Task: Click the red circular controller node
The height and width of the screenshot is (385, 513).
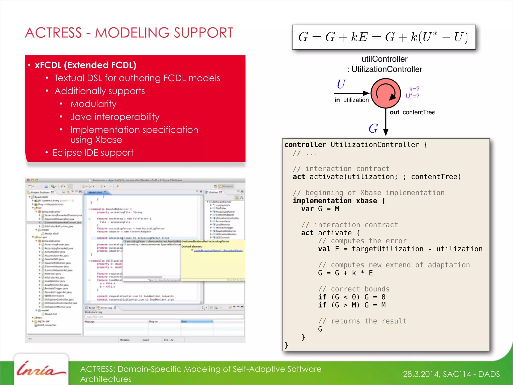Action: tap(386, 93)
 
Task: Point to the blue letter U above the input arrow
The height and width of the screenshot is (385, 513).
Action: tap(341, 84)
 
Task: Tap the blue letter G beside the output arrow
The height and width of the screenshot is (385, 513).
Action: tap(373, 129)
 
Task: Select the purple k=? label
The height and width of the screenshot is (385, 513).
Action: tap(414, 89)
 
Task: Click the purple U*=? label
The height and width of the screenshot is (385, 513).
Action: tap(412, 96)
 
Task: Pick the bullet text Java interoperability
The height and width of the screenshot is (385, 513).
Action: tap(115, 117)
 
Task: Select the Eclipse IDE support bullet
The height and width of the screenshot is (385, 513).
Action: tap(93, 153)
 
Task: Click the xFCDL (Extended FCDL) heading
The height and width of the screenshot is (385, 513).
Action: tap(85, 65)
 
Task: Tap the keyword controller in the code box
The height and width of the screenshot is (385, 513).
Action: tap(305, 145)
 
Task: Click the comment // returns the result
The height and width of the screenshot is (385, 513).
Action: tap(362, 321)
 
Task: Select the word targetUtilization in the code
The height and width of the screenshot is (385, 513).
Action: tap(387, 249)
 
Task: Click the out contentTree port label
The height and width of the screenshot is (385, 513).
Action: tap(412, 112)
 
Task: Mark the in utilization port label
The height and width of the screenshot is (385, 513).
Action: tap(351, 100)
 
